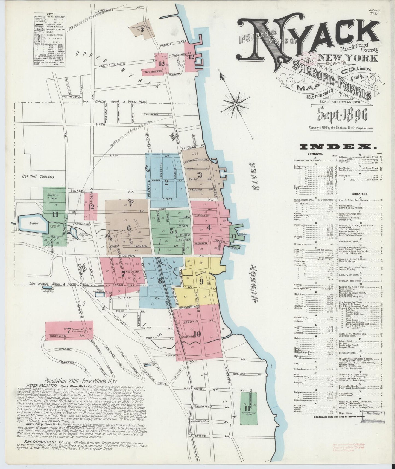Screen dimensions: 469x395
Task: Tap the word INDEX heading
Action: (337, 147)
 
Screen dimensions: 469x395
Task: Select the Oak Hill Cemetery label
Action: (38, 176)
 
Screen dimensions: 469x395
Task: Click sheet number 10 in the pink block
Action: (197, 334)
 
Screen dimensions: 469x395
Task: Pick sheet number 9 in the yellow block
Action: (201, 281)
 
